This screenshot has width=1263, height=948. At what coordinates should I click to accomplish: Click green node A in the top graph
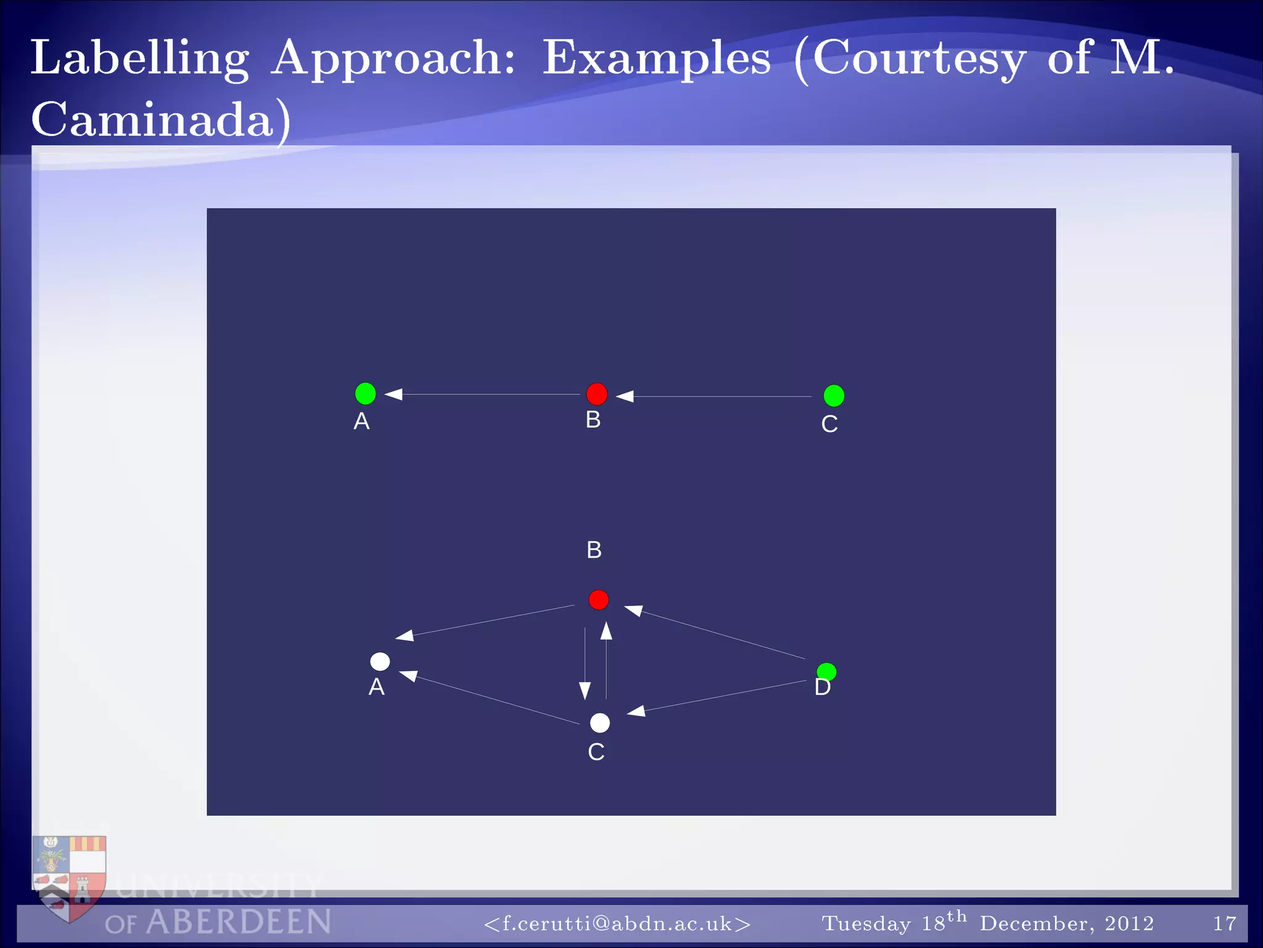(x=365, y=393)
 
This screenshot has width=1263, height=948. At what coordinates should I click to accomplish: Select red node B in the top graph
(x=596, y=394)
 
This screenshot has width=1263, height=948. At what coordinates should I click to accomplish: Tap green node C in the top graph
(x=834, y=396)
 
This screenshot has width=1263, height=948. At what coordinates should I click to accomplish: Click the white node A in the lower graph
(x=380, y=662)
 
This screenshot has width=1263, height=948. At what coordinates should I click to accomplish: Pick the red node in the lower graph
(x=598, y=600)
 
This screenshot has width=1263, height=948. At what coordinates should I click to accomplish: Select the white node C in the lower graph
(x=599, y=723)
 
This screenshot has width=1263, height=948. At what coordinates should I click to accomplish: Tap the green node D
(x=826, y=671)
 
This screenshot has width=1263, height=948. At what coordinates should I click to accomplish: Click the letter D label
(x=822, y=688)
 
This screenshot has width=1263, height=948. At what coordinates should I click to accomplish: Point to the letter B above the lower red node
(x=594, y=550)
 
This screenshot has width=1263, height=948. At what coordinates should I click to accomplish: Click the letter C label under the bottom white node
(x=596, y=752)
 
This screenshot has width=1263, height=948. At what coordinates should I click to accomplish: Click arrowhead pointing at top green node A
(x=394, y=394)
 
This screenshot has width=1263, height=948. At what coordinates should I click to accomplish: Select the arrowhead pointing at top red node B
(x=625, y=396)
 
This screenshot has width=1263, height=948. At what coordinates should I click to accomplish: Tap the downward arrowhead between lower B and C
(x=585, y=690)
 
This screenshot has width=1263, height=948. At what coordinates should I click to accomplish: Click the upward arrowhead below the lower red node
(x=606, y=631)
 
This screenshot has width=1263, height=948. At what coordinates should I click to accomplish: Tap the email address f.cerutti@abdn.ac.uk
(x=617, y=923)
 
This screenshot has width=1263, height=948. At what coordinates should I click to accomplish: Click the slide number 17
(x=1224, y=923)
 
